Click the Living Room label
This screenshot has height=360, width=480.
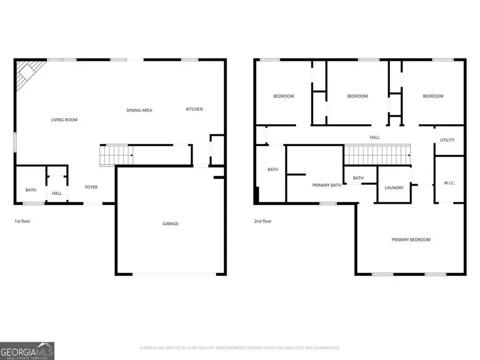64,120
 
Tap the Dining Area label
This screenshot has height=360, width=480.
139,110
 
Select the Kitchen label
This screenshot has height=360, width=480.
194,109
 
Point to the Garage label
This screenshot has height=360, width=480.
171,223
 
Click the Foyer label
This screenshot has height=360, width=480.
91,187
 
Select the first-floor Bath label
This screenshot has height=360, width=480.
31,190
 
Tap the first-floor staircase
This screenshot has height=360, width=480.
116,155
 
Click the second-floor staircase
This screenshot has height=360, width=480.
377,156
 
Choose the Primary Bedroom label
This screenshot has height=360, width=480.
411,240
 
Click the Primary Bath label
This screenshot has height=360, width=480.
326,185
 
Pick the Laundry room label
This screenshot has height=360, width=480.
394,188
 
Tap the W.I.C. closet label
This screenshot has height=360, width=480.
449,183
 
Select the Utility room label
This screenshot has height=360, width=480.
447,140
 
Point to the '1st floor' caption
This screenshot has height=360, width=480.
22,221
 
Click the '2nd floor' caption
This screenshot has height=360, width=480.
262,221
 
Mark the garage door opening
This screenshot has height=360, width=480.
174,275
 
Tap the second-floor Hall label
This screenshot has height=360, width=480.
375,138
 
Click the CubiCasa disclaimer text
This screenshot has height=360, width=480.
239,348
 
